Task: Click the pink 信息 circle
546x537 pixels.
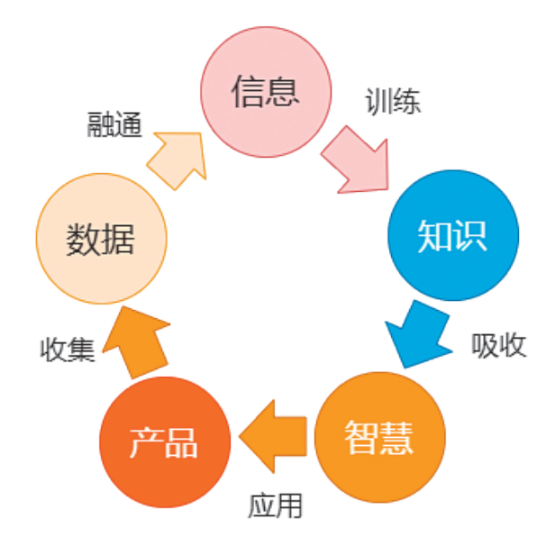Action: [266, 92]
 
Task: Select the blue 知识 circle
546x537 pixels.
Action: [453, 235]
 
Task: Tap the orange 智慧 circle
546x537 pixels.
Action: [380, 437]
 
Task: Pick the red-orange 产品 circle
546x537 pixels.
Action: [165, 442]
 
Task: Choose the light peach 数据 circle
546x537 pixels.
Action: [101, 239]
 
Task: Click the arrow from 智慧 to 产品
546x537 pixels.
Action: [273, 436]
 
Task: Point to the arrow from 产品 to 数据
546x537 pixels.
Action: [137, 343]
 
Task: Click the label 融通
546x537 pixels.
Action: [114, 124]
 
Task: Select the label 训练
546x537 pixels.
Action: [393, 101]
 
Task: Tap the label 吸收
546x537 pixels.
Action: [499, 345]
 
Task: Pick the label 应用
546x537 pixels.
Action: [275, 505]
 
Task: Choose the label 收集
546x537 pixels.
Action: [68, 350]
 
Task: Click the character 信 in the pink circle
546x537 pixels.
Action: [248, 92]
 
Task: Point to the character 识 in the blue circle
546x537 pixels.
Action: [470, 236]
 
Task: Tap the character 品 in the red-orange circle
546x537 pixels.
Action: [181, 442]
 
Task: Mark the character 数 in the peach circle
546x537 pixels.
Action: [83, 240]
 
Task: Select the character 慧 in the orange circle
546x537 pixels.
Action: [396, 437]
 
